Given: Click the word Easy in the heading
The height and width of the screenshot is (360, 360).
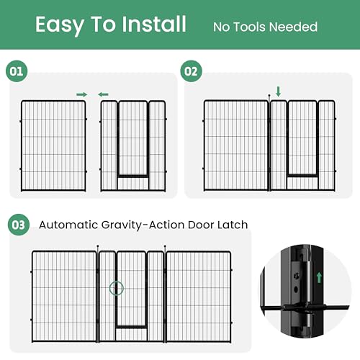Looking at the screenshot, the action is click(x=60, y=25).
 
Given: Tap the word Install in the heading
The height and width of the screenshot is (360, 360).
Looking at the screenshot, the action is click(x=154, y=24).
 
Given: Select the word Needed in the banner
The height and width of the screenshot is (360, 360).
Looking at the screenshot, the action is click(x=294, y=27).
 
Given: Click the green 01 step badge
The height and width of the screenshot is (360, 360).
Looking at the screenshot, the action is click(x=17, y=71).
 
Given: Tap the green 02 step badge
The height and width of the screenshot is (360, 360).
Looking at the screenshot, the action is click(x=191, y=71).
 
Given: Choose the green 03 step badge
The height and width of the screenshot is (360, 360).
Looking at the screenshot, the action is click(x=19, y=225).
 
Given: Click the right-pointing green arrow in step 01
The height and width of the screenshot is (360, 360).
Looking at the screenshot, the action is click(x=82, y=94).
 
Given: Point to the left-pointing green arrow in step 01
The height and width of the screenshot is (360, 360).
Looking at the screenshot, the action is click(x=103, y=94).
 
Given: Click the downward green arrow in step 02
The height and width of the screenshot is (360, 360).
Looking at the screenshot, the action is click(x=279, y=91).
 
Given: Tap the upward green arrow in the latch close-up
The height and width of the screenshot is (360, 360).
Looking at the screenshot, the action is click(x=319, y=277).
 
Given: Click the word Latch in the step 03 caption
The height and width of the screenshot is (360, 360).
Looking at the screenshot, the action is click(x=233, y=225).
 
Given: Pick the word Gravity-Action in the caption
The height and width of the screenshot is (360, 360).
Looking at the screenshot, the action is click(x=143, y=225).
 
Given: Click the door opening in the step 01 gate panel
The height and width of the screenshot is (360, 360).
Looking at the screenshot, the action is click(x=132, y=139).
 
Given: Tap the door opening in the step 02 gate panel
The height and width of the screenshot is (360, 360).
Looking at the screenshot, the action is click(x=302, y=138).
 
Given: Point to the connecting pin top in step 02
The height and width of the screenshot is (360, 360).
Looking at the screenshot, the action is click(x=269, y=96).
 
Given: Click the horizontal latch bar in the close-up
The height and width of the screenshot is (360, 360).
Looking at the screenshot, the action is click(x=305, y=307).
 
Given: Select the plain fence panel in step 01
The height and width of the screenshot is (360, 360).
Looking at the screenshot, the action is click(x=53, y=146).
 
